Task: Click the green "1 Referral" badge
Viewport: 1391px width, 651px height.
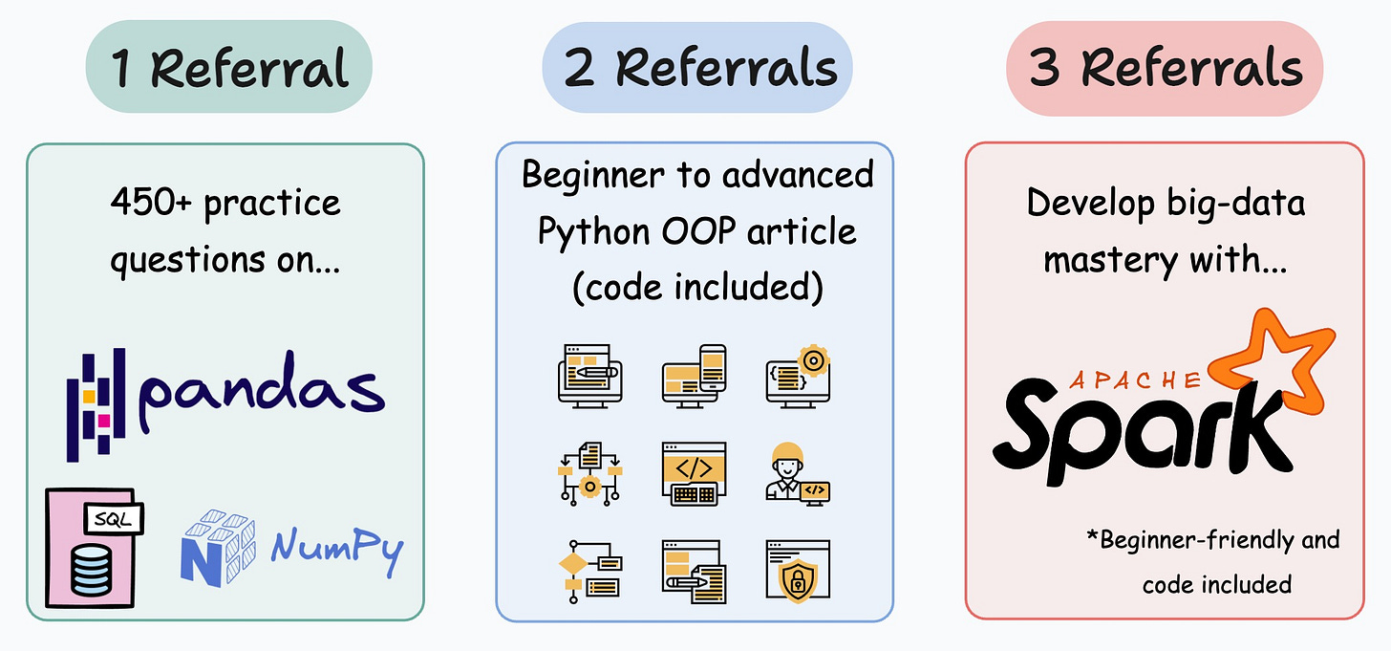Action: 228,68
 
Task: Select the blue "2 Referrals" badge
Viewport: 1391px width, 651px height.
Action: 696,68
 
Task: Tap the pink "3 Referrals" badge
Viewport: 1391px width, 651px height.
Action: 1164,68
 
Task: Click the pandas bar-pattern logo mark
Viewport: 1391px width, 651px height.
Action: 96,405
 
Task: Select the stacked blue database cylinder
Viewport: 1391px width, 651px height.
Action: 92,570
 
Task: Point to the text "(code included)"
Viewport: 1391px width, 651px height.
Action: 696,287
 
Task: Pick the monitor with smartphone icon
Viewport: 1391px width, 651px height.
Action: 694,376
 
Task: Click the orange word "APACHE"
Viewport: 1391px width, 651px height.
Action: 1135,380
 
